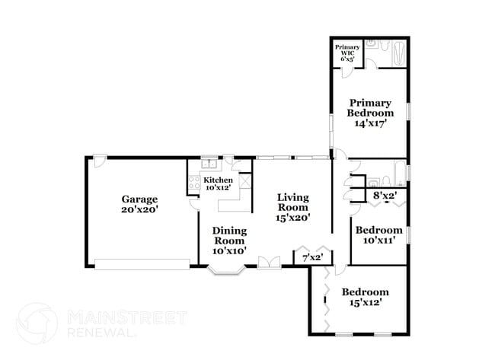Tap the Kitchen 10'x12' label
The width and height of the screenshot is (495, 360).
click(x=218, y=183)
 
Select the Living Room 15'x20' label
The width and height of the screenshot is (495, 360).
click(x=292, y=207)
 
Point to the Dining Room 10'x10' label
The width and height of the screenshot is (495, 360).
click(x=228, y=241)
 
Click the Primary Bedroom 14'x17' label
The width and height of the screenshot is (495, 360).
click(x=369, y=113)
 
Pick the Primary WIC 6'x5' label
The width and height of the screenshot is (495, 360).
click(x=346, y=53)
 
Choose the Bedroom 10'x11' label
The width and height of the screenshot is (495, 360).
click(x=379, y=235)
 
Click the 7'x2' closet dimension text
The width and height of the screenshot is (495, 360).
click(x=313, y=258)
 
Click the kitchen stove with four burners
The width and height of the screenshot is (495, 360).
click(x=193, y=183)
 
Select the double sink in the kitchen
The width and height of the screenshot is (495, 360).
click(x=209, y=164)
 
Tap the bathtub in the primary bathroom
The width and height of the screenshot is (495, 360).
click(x=393, y=53)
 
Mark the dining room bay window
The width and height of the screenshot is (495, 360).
click(x=225, y=269)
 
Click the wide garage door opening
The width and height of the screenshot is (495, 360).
click(x=142, y=263)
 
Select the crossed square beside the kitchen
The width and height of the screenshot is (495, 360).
click(x=244, y=182)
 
